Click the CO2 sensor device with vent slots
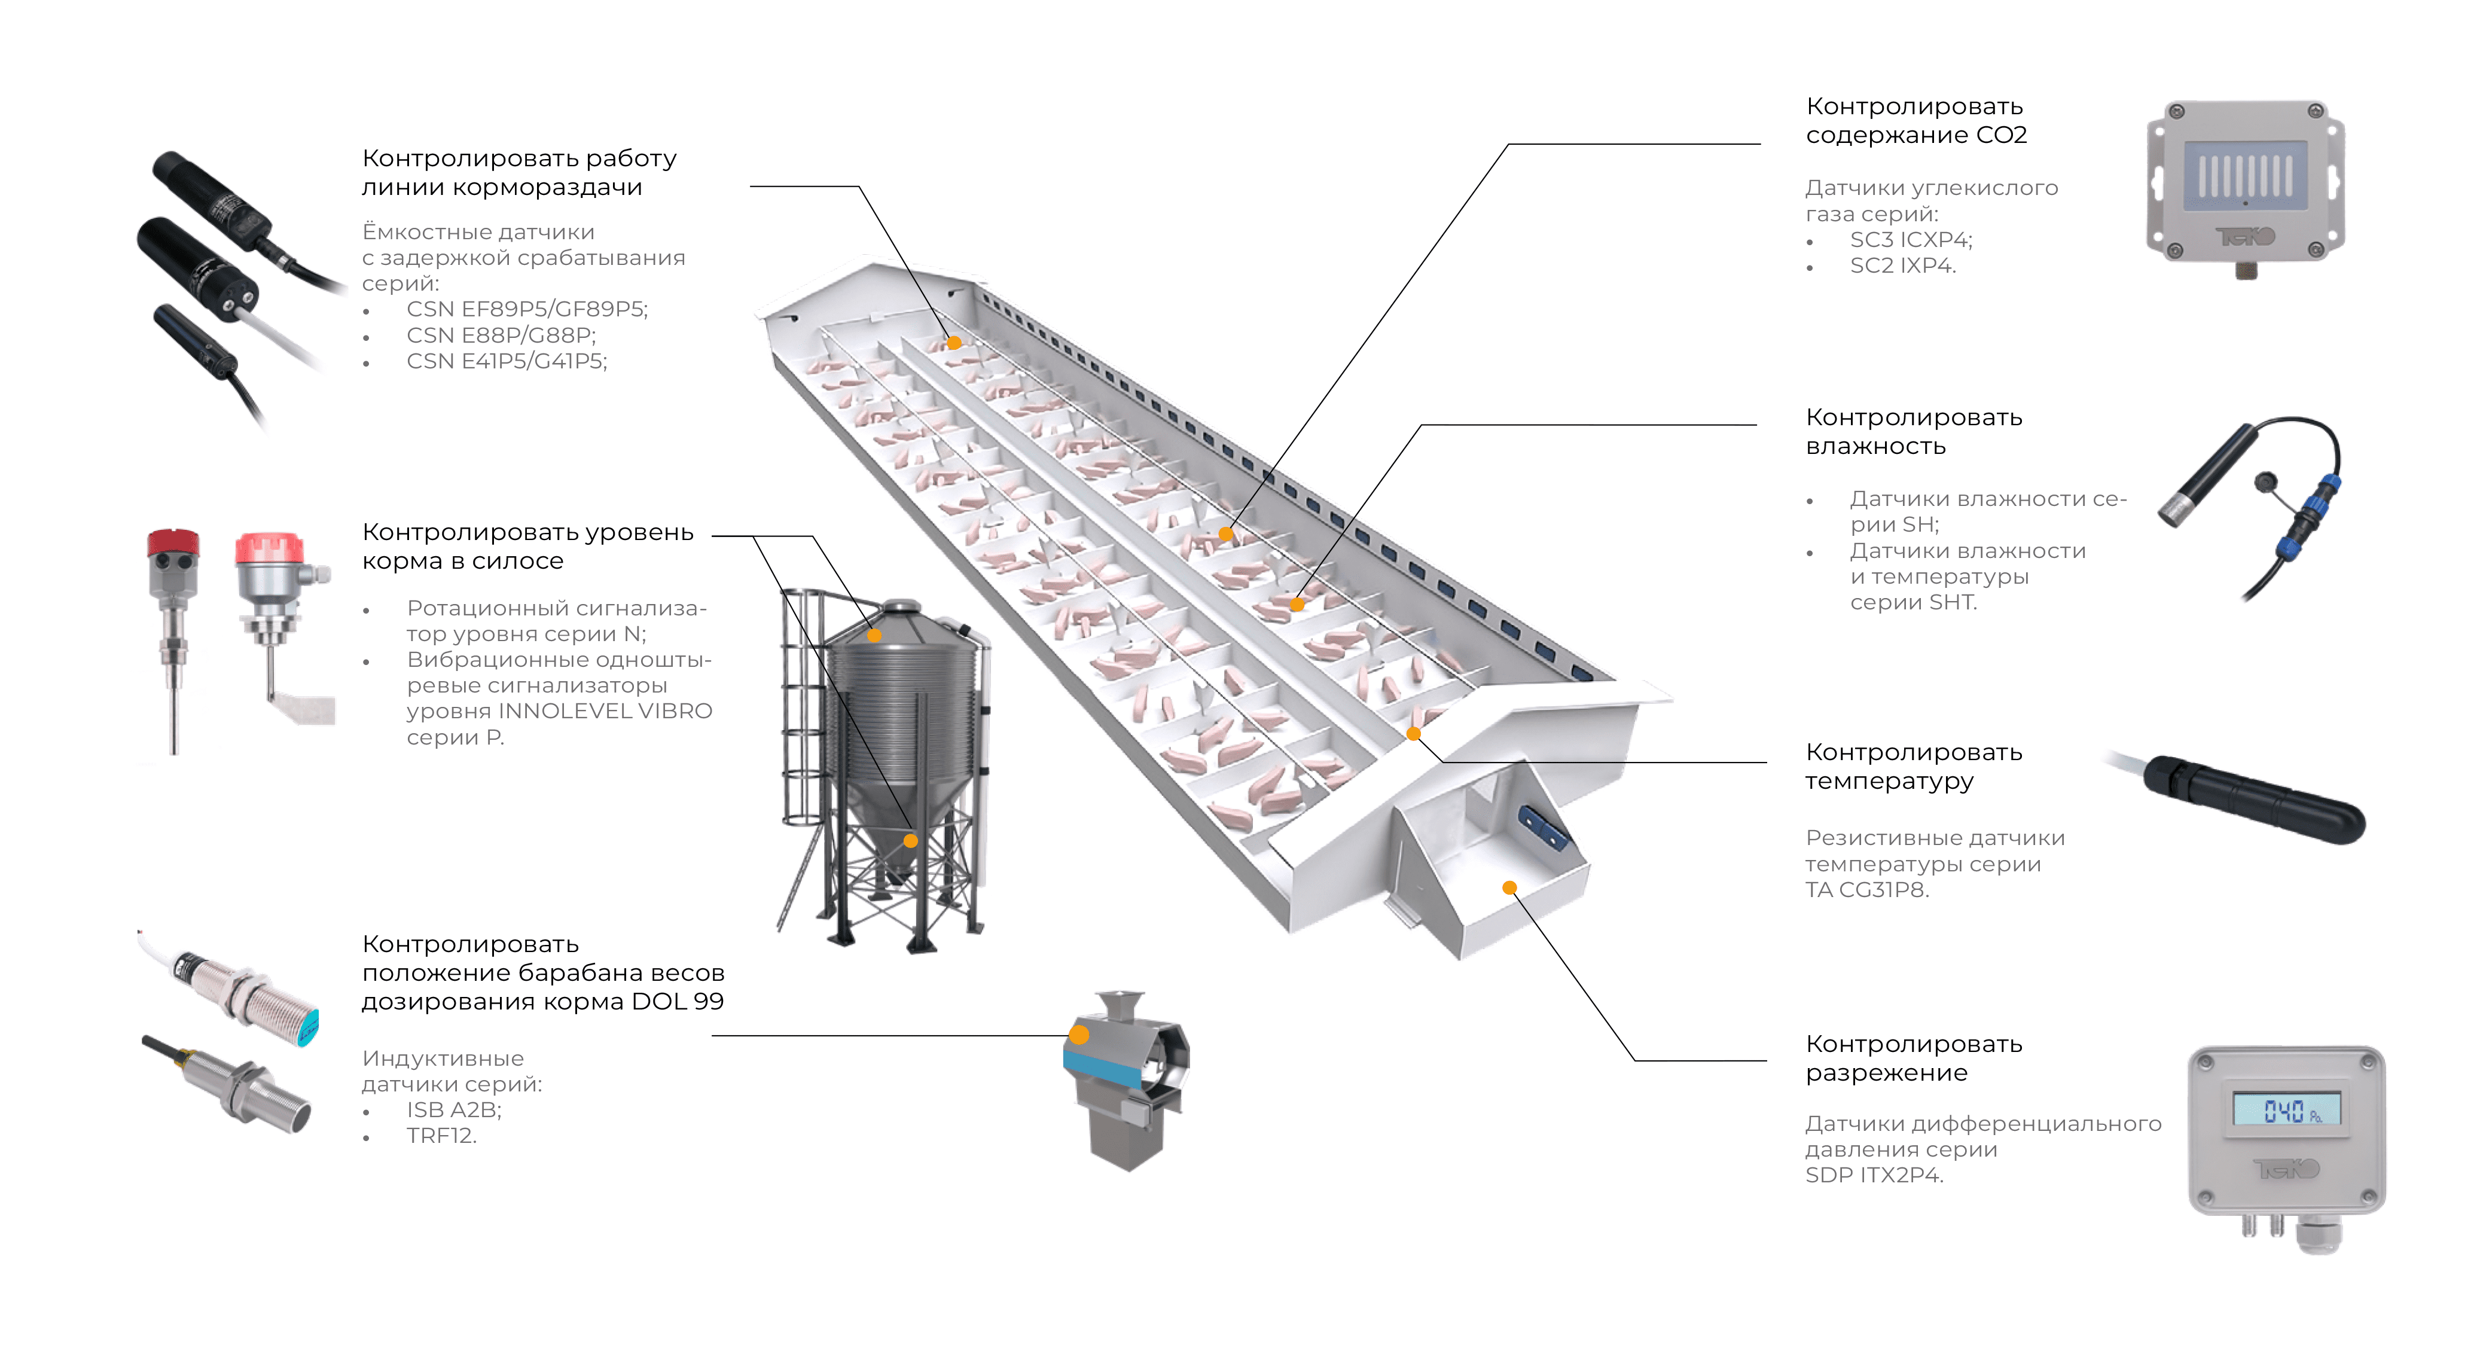(2244, 189)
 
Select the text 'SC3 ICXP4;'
(1911, 239)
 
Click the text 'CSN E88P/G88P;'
(501, 335)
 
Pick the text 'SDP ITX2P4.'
(1874, 1175)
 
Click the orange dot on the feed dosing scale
(1079, 1035)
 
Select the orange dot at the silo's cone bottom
(910, 840)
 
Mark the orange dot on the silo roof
(874, 636)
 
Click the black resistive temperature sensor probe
(2254, 798)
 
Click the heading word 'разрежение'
(1886, 1072)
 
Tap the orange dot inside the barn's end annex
(1509, 888)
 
